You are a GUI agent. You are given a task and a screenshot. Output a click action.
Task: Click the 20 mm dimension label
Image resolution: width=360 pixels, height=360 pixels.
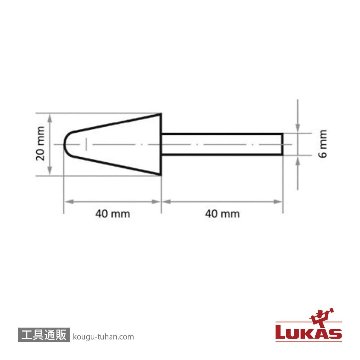41,144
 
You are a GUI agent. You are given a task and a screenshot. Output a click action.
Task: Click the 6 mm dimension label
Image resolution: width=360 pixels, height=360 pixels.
323,144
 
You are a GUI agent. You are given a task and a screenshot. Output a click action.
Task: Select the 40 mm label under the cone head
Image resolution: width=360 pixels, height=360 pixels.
112,214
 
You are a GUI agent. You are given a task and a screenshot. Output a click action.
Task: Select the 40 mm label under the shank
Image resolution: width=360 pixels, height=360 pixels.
222,214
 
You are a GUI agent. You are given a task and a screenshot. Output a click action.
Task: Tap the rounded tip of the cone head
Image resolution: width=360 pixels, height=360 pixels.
64,144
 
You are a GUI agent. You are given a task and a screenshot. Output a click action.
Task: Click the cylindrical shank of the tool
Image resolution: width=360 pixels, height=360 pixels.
222,144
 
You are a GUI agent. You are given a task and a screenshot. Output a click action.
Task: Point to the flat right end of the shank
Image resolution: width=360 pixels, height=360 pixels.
282,144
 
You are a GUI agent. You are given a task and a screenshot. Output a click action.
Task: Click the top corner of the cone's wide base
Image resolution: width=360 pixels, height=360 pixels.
161,114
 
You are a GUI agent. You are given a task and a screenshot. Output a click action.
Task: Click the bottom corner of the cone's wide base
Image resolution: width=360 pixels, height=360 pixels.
161,175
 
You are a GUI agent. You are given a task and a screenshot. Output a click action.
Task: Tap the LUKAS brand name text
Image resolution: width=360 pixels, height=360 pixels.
309,333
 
